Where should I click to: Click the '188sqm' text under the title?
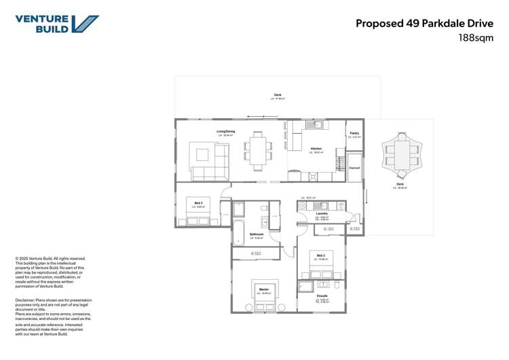[x=475, y=38]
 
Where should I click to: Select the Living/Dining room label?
[x=226, y=131]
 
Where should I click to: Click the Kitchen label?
[x=316, y=149]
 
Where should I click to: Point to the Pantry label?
[x=354, y=133]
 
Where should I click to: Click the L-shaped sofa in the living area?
[x=210, y=162]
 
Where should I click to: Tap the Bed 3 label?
[x=199, y=202]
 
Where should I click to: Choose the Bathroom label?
[x=257, y=234]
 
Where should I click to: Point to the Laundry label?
[x=322, y=213]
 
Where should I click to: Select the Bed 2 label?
[x=320, y=255]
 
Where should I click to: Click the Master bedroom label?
[x=263, y=289]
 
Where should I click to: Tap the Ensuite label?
[x=322, y=296]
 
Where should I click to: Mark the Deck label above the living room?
[x=278, y=95]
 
